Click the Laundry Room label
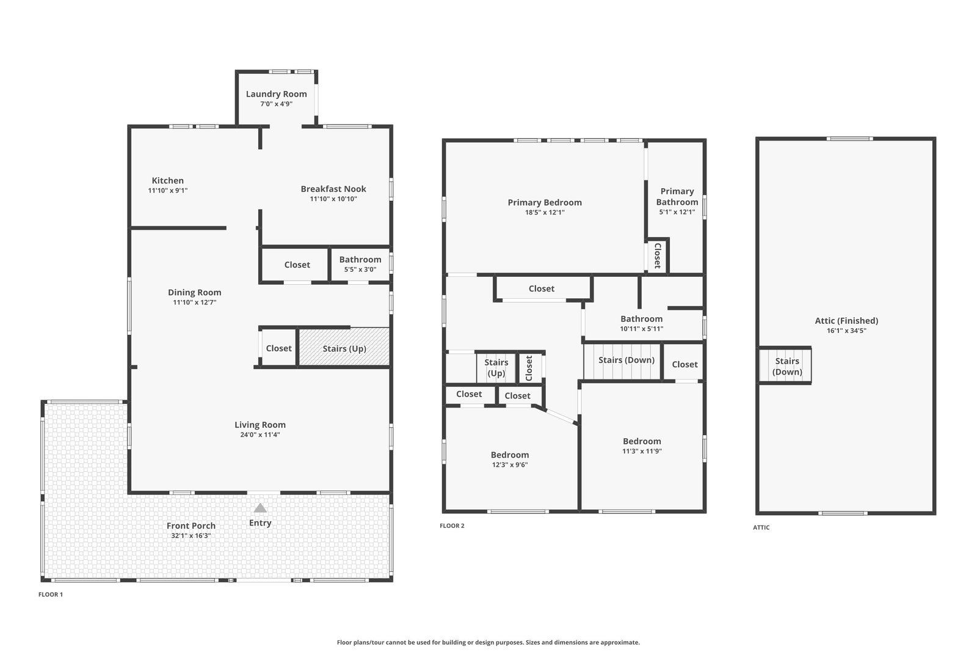276,94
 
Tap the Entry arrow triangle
260,508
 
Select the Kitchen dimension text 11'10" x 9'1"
168,190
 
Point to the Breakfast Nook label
333,189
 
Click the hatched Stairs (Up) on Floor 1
344,347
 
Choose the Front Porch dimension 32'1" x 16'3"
191,535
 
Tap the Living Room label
260,425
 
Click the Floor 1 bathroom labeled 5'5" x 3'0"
360,265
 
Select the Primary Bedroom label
545,202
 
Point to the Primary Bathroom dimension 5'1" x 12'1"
677,212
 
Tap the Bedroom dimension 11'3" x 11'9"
642,451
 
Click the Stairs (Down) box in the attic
785,365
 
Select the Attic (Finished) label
846,321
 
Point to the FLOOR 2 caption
452,526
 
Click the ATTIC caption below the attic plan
761,527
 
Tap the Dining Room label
195,293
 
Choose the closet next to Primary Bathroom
657,256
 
